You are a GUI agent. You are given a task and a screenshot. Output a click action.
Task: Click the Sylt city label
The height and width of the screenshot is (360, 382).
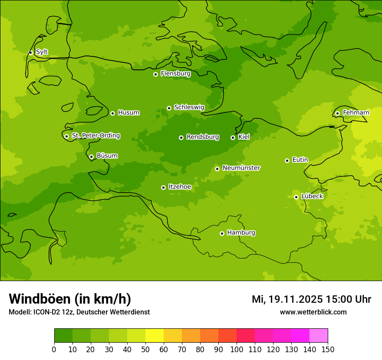coord(42,52)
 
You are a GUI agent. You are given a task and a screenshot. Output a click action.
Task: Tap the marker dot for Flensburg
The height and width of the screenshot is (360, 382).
coord(155,74)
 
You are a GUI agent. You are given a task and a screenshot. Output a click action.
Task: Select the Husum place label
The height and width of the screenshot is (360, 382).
coord(128,113)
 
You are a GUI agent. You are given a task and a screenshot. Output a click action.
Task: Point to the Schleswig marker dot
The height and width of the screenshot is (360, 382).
coord(169,108)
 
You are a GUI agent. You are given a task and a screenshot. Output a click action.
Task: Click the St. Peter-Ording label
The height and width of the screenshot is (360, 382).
coord(95,136)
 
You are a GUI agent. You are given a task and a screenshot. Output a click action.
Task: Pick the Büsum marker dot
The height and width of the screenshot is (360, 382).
coord(91,157)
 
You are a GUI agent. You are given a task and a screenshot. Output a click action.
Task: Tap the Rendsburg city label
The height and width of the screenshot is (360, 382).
coord(203,137)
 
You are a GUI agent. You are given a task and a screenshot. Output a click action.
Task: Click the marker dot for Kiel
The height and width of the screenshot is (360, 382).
coord(233,137)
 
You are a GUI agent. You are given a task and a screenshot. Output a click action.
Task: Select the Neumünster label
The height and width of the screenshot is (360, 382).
coord(241,168)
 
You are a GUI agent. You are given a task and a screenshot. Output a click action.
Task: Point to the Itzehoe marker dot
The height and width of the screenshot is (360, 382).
coord(163,187)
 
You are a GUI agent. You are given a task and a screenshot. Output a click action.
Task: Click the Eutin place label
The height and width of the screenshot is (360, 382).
coord(300,160)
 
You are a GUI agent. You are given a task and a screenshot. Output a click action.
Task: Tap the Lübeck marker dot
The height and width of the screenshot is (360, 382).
coord(296,197)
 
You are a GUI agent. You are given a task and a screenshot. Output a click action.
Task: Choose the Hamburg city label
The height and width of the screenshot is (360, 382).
coord(241,233)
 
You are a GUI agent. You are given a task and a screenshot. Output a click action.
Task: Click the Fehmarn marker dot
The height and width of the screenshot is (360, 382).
coord(337,113)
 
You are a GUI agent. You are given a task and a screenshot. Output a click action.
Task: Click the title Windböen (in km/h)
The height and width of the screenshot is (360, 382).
coord(70,299)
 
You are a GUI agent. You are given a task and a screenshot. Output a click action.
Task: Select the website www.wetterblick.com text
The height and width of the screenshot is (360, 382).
coord(313,312)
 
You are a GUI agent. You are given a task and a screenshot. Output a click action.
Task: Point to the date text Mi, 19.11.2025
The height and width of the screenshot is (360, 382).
coord(287,299)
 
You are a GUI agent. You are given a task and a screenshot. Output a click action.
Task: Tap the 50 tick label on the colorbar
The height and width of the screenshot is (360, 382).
coord(145,350)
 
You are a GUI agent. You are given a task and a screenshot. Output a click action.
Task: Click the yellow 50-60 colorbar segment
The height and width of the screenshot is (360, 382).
coord(155,336)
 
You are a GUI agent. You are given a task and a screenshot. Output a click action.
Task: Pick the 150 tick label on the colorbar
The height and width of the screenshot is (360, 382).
coord(328,350)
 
